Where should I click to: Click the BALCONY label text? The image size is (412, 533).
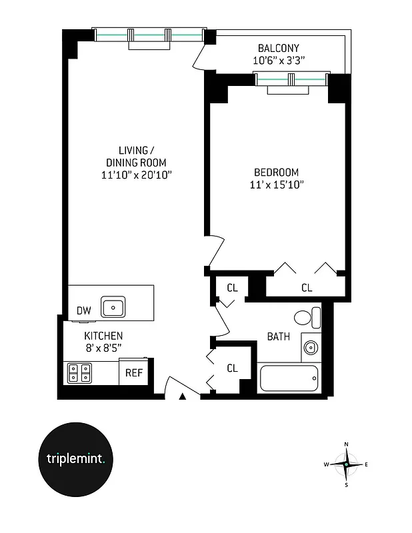pos(279,48)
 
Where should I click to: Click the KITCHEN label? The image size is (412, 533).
pos(103,336)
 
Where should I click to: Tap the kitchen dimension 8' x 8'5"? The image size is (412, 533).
pos(103,348)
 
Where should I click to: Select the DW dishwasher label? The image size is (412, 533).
pos(83,310)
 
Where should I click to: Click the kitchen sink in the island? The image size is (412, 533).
pos(114,307)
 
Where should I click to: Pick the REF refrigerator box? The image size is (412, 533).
pos(134,372)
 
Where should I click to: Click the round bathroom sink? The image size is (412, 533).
pos(310,347)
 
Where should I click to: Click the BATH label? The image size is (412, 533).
pos(278,336)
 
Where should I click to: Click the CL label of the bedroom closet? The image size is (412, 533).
pos(306,288)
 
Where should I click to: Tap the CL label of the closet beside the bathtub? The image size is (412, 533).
pos(233,368)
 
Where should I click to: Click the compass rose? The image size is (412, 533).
pos(347,464)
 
